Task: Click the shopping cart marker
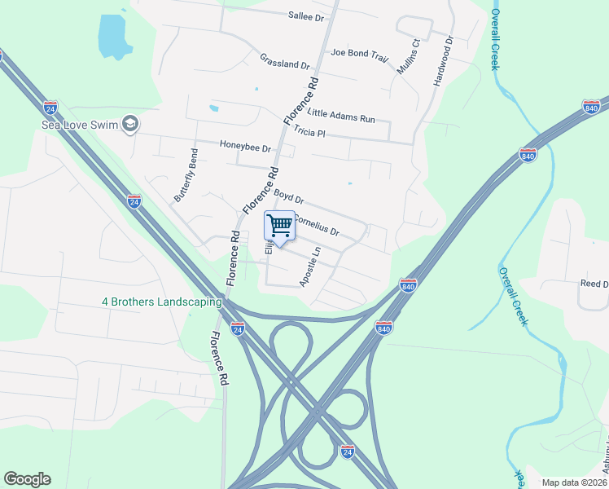[x=280, y=225]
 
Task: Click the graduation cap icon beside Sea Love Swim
[x=129, y=124]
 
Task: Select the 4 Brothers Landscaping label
[x=162, y=302]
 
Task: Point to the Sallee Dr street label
[x=306, y=15]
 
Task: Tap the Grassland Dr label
[x=285, y=60]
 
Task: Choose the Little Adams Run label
[x=343, y=116]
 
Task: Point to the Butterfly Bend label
[x=186, y=175]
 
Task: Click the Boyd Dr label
[x=288, y=196]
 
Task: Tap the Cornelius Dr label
[x=315, y=224]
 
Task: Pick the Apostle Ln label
[x=311, y=267]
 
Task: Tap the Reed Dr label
[x=594, y=284]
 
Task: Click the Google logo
[x=27, y=479]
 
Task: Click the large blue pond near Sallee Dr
[x=113, y=37]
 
